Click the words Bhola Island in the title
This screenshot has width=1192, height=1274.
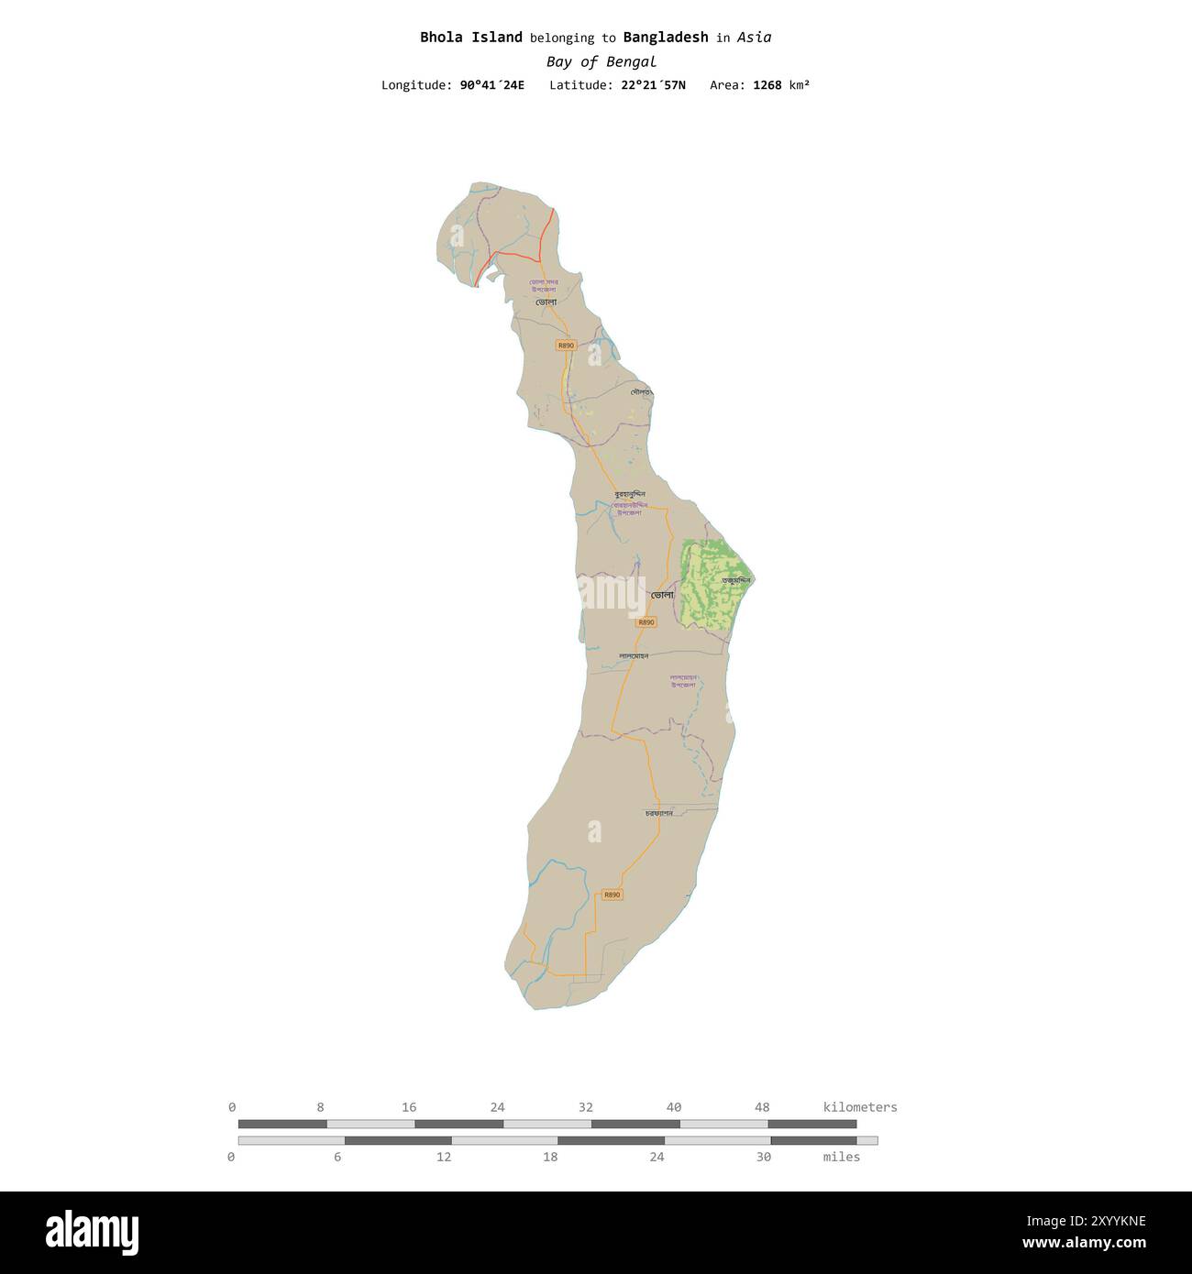[471, 38]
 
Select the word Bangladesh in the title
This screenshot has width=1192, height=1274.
[665, 38]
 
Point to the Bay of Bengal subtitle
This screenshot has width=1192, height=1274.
[601, 62]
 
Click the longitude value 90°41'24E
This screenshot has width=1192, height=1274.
[492, 85]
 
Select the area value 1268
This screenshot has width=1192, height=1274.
[767, 85]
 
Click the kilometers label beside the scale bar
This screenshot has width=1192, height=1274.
[860, 1107]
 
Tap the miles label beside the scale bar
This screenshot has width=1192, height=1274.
[841, 1157]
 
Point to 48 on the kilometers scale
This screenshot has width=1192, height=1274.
[762, 1107]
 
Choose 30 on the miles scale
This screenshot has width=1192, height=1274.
[763, 1157]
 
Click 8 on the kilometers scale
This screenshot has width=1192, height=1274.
[320, 1107]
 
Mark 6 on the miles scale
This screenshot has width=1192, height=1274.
[337, 1157]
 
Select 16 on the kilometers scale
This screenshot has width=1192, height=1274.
[409, 1107]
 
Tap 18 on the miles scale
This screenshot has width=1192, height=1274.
[550, 1157]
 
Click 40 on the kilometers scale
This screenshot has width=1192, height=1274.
[674, 1107]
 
